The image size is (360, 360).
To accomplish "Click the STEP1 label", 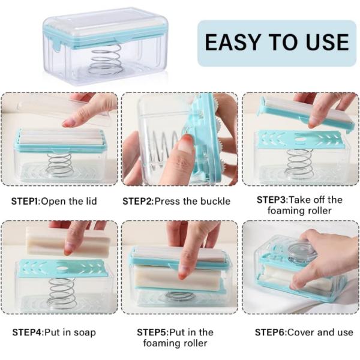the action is [x=26, y=202].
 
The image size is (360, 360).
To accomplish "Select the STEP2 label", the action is [x=137, y=202].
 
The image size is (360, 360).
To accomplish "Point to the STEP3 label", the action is [x=272, y=200].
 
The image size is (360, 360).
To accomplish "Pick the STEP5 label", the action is [x=152, y=332].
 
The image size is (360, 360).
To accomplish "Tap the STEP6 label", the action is [x=270, y=332].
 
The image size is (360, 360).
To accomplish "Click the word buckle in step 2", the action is [x=215, y=202].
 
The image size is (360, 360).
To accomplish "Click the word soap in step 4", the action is [x=85, y=333].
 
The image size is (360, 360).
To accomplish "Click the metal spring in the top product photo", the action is [x=104, y=60].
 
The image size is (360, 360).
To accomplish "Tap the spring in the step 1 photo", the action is [x=59, y=164].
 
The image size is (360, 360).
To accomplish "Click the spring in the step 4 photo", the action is [x=62, y=293].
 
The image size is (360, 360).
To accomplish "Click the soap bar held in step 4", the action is [x=68, y=241].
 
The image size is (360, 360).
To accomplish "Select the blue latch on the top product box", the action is [x=56, y=44].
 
